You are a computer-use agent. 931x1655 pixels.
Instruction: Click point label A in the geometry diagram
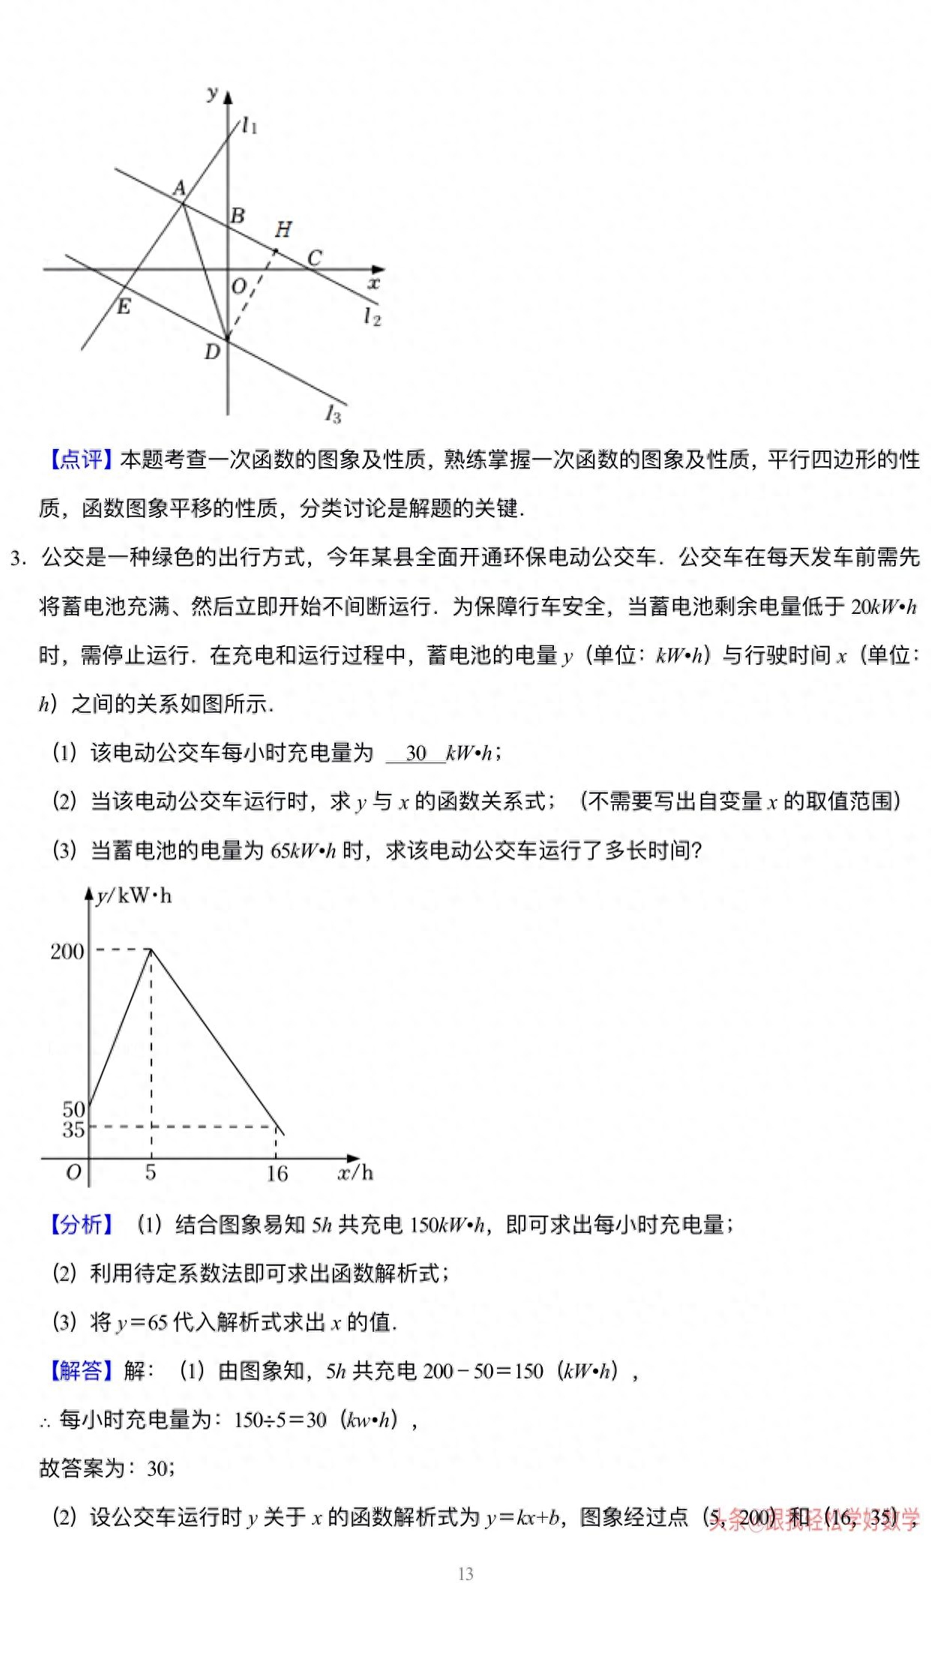click(x=180, y=188)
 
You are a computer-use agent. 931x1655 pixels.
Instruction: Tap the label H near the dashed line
click(x=283, y=229)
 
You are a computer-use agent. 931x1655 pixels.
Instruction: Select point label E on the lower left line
click(x=124, y=306)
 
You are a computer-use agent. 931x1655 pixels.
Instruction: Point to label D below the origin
click(x=212, y=352)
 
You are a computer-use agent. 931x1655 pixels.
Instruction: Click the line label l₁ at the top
click(x=250, y=126)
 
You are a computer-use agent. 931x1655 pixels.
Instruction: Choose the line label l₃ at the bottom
click(x=334, y=413)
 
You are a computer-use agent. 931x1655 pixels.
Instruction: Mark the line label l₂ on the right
click(x=372, y=316)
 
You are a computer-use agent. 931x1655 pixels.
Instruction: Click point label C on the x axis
click(x=315, y=258)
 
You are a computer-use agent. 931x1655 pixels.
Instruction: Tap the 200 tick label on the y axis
click(x=67, y=951)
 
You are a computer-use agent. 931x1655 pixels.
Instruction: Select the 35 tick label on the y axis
click(x=73, y=1130)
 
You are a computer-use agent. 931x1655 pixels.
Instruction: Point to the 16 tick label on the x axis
click(x=277, y=1173)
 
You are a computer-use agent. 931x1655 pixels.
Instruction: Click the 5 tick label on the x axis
click(x=151, y=1172)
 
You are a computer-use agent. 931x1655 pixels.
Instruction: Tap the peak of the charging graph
click(x=151, y=950)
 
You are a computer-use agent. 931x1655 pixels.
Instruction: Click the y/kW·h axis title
click(x=134, y=896)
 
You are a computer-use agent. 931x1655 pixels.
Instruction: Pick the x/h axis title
click(x=355, y=1172)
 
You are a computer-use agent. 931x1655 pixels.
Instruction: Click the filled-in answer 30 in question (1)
click(x=416, y=753)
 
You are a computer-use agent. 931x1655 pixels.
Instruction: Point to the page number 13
click(x=465, y=1574)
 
